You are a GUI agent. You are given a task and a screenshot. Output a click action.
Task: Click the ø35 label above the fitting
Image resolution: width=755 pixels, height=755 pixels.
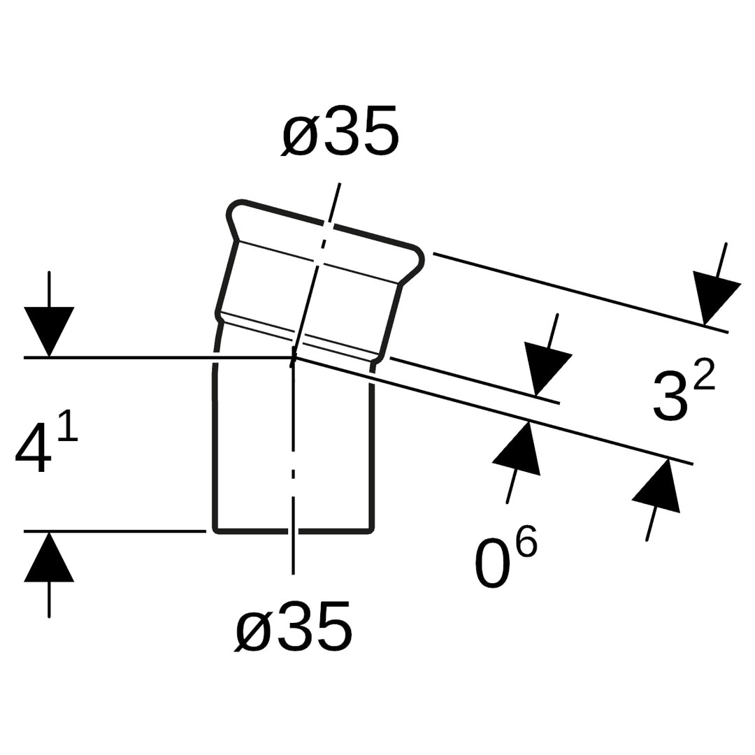tap(340, 131)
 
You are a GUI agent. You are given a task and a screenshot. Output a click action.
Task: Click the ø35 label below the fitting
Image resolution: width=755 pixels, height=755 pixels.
tap(294, 626)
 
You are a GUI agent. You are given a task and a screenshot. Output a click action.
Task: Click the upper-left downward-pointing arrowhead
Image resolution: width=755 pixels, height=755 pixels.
tap(49, 331)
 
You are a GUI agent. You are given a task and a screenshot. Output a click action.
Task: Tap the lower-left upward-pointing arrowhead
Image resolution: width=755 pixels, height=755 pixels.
tap(49, 556)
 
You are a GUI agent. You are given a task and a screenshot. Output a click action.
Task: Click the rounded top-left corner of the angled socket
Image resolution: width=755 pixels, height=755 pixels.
tap(234, 206)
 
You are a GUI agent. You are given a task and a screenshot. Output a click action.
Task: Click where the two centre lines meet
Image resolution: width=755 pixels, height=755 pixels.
tap(293, 358)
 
